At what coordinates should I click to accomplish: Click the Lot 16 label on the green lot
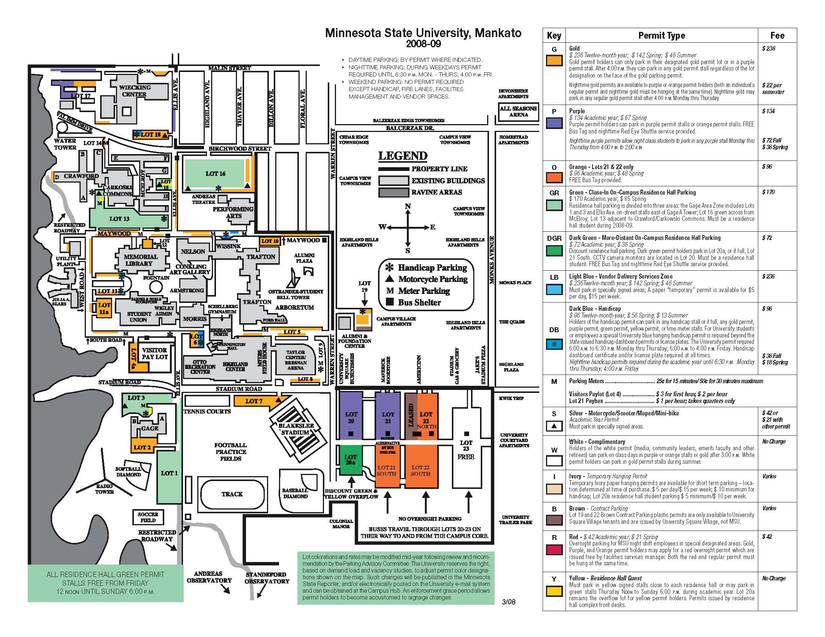tap(215, 174)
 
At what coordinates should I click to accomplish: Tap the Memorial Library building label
tap(141, 260)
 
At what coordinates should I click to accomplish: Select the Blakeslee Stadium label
tap(296, 429)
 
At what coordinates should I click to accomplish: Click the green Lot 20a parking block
tap(351, 460)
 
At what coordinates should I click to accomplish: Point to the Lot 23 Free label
tap(466, 450)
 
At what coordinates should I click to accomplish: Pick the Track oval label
tap(232, 494)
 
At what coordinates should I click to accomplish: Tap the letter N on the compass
tap(408, 207)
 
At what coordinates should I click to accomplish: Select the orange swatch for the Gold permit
tap(554, 60)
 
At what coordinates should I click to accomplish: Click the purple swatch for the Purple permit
tap(554, 123)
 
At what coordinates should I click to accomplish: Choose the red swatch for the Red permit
tap(554, 550)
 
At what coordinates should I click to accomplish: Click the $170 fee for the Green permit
tap(768, 192)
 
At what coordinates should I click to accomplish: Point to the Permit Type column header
tap(661, 36)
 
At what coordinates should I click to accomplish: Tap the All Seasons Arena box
tap(518, 111)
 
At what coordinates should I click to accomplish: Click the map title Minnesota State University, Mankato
tap(423, 33)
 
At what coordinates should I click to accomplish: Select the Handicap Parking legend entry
tap(427, 268)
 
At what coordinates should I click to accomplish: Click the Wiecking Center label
tap(135, 91)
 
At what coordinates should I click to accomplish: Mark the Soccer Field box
tap(148, 517)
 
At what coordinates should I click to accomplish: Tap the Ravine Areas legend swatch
tap(394, 192)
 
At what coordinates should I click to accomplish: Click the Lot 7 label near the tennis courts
tap(253, 401)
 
